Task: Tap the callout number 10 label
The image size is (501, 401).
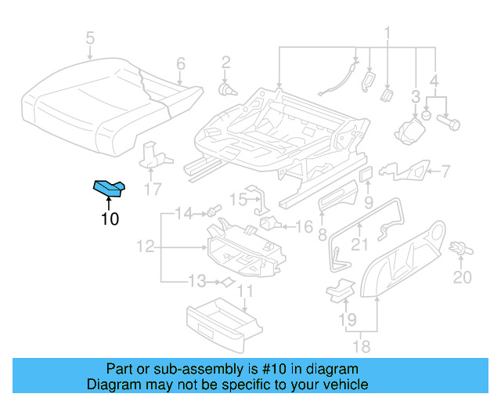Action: [x=110, y=219]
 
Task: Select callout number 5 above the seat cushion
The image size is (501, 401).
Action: [x=90, y=38]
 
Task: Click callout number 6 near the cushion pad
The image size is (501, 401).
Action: [x=180, y=63]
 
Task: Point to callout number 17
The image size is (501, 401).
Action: [x=153, y=189]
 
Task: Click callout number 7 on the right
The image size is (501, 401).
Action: [x=445, y=171]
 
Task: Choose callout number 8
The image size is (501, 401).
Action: [x=322, y=233]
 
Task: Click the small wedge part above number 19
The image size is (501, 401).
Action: [x=339, y=288]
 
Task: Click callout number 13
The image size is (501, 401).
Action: [x=196, y=280]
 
